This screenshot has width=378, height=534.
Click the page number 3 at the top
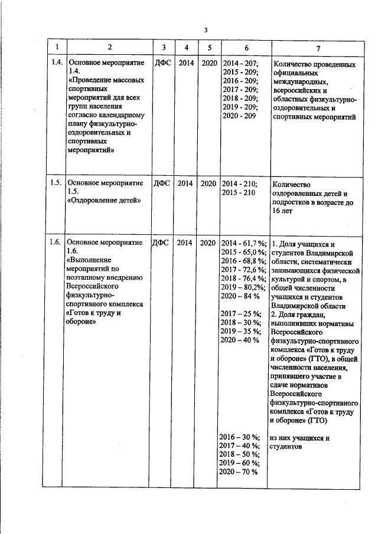pos(206,29)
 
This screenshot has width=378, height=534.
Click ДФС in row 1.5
pos(162,183)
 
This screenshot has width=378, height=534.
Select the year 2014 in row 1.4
pos(186,62)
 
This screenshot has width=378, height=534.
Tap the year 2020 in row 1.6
pos(208,242)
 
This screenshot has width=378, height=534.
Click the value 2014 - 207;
pos(240,62)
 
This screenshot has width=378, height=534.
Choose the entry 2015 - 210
pos(239,192)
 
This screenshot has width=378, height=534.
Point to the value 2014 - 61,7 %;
pos(244,243)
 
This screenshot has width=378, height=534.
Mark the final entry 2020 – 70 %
pos(239,473)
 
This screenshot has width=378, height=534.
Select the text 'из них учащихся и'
pos(299,437)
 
